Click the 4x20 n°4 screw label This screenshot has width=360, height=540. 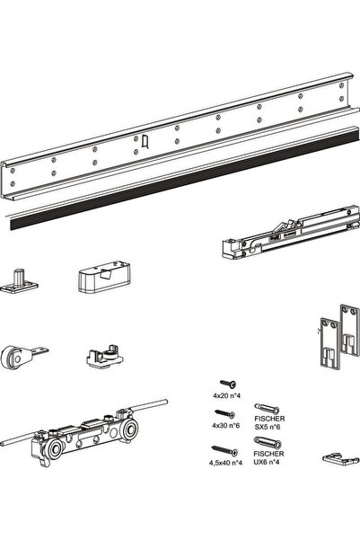coord(226,395)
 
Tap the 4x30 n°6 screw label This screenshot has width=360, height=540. coord(225,426)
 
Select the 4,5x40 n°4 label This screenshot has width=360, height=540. coord(225,463)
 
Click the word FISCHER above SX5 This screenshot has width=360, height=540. coord(269,419)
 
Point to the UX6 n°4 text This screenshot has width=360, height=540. coord(267,462)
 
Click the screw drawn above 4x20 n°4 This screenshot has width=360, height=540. coord(228,383)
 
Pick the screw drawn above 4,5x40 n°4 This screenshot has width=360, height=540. coord(224,450)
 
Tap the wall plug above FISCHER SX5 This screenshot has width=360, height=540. coord(267,409)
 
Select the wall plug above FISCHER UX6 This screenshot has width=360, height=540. coord(267,442)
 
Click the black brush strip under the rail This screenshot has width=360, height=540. coord(185,179)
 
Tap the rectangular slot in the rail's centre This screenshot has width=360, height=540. coord(145,141)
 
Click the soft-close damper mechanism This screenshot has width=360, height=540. coord(290,232)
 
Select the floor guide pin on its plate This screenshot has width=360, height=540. coord(19,281)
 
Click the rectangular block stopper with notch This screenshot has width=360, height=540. coord(105,277)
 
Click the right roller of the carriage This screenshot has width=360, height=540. coord(130,429)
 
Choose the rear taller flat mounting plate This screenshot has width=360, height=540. coord(349,330)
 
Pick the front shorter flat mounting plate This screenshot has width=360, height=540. coord(329,344)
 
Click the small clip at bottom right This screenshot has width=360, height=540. coord(338,457)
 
